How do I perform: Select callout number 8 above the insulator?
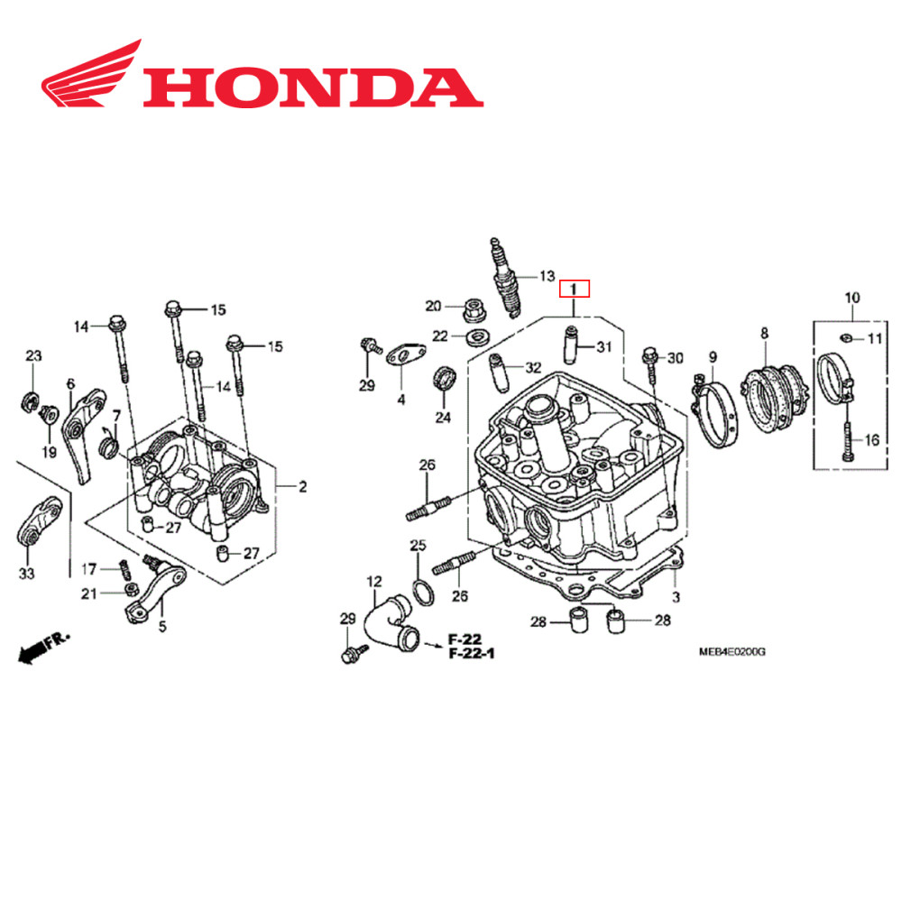(x=764, y=334)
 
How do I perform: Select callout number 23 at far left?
(x=32, y=356)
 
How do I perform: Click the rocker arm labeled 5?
(x=153, y=591)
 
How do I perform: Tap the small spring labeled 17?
(x=127, y=569)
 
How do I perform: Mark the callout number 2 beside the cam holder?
(x=302, y=487)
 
